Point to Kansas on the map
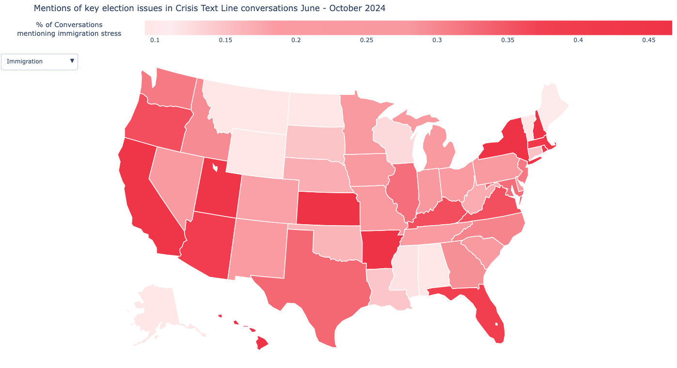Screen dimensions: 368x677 [328, 208]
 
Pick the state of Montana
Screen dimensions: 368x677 [247, 109]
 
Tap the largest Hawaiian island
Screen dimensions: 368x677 [262, 342]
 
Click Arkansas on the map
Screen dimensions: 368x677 [383, 249]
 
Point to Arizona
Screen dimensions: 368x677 [208, 245]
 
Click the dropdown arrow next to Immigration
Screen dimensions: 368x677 [72, 61]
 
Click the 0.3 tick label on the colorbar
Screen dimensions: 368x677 [437, 40]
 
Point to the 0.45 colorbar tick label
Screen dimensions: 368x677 [649, 40]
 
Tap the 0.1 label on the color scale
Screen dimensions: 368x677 [155, 40]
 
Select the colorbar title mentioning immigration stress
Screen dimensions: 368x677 [69, 29]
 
